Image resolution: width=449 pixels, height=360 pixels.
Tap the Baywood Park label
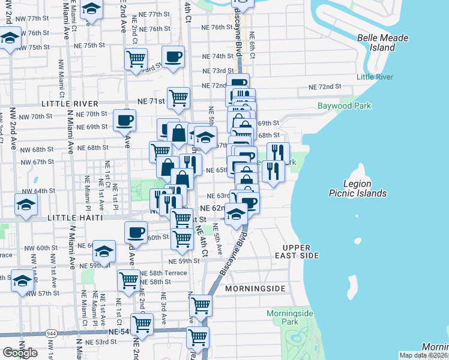coord(345,106)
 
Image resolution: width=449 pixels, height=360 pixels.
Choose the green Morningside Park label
coord(282,317)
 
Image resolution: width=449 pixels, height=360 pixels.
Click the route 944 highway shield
coord(50,332)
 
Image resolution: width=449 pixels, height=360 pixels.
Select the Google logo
coord(20,352)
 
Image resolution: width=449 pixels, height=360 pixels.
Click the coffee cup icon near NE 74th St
coord(173,56)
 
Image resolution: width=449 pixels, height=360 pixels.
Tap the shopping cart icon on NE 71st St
coord(178,97)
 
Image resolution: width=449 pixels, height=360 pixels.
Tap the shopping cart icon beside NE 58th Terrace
coord(129,280)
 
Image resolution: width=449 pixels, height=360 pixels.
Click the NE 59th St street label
coord(184,261)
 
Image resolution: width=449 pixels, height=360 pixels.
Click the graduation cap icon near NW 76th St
coord(10,39)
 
